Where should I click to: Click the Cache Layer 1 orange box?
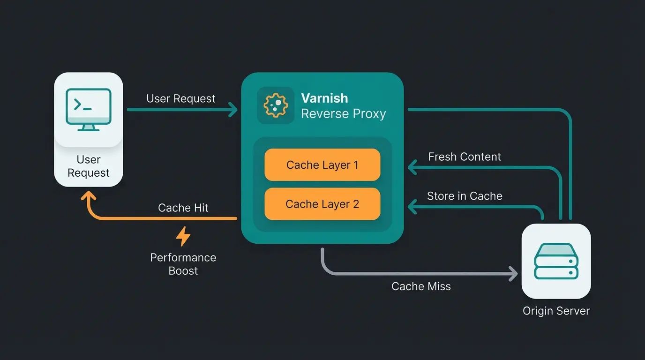tap(322, 165)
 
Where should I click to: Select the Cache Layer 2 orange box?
tap(322, 204)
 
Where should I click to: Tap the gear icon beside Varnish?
tap(276, 105)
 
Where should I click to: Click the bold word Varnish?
tap(324, 98)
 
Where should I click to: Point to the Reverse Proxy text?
tap(343, 113)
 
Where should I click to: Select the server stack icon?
tap(556, 261)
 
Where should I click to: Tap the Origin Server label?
tap(556, 310)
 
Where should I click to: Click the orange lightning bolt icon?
tap(183, 237)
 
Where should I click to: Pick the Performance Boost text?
tap(183, 264)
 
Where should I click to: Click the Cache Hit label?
tap(183, 208)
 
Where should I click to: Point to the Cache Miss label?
tap(421, 286)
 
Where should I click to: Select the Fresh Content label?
tap(465, 157)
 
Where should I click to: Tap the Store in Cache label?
tap(465, 196)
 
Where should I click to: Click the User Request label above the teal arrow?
tap(180, 98)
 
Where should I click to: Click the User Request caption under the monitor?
tap(89, 166)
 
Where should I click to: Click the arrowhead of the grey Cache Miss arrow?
tap(514, 273)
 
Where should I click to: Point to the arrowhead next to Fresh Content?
tap(412, 166)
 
